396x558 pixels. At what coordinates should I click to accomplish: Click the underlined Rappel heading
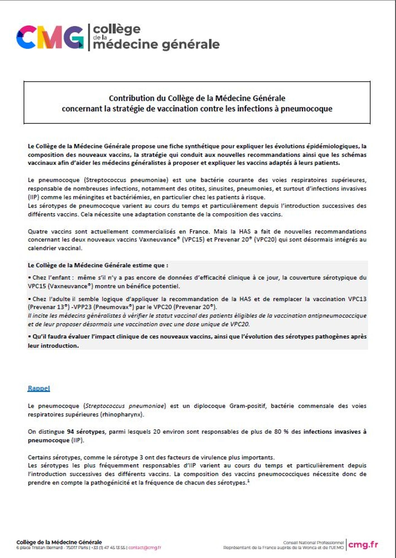pos(39,388)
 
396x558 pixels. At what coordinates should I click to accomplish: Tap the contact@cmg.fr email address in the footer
pos(145,548)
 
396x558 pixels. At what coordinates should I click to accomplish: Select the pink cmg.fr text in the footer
pos(363,544)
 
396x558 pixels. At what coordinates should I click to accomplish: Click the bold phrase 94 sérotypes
pos(86,432)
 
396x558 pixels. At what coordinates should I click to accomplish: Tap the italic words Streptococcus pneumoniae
pos(124,406)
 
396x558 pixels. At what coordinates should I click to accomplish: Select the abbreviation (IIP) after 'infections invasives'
pos(32,197)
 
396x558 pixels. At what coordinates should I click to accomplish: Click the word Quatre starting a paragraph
pos(37,231)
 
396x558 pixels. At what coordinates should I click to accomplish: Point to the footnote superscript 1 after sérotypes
pos(248,481)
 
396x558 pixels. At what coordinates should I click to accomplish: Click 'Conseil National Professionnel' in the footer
pos(313,543)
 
